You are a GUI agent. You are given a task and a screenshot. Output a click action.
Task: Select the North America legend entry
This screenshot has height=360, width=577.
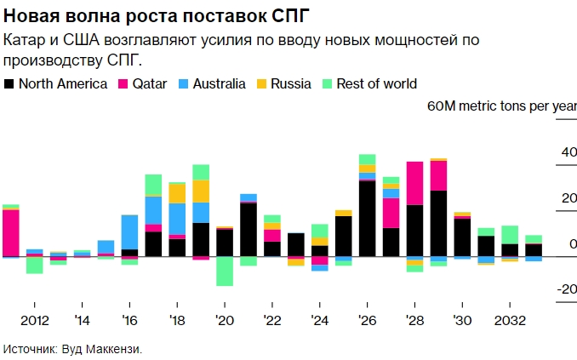pyautogui.click(x=56, y=83)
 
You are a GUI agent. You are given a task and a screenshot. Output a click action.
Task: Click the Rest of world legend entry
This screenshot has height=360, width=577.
pyautogui.click(x=369, y=83)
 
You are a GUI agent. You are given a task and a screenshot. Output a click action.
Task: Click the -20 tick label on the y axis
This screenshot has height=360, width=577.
pyautogui.click(x=565, y=288)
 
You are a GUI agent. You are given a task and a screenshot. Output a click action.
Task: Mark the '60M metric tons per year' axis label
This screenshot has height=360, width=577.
pyautogui.click(x=501, y=106)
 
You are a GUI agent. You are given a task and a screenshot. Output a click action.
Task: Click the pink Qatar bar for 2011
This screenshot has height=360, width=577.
pyautogui.click(x=11, y=232)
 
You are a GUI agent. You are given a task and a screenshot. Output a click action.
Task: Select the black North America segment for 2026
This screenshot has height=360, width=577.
pyautogui.click(x=368, y=219)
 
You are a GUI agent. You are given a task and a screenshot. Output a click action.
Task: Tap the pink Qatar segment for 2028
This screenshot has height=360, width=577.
pyautogui.click(x=414, y=183)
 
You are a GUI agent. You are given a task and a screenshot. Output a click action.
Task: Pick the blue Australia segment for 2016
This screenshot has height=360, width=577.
pyautogui.click(x=130, y=231)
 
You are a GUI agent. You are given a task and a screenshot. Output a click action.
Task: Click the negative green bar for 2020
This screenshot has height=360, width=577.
pyautogui.click(x=225, y=271)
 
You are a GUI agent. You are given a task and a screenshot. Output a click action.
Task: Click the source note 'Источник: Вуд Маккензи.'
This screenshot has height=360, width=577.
pyautogui.click(x=72, y=348)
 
